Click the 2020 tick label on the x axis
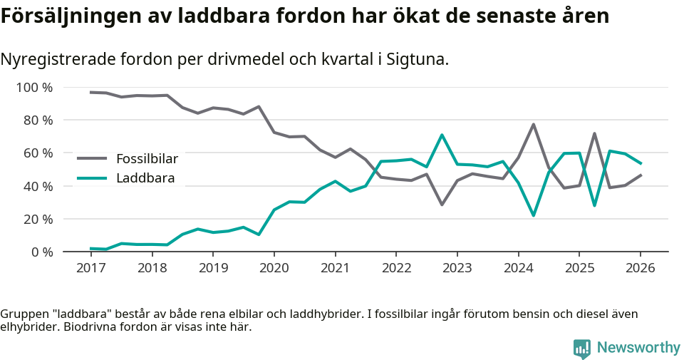click(274, 268)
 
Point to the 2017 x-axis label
click(90, 268)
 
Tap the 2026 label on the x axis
click(640, 268)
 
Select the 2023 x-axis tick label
click(457, 268)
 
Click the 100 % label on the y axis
click(34, 88)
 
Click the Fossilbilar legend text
click(147, 158)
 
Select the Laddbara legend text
click(145, 178)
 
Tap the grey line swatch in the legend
click(92, 158)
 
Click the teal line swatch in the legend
click(92, 178)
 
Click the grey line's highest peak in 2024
click(533, 125)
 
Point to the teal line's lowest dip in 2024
click(533, 215)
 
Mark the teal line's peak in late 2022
click(442, 135)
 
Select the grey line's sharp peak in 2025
click(594, 133)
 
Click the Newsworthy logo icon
click(581, 348)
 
